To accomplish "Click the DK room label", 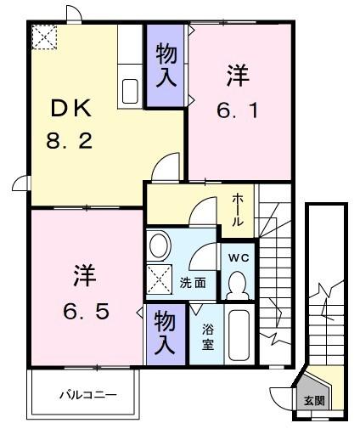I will click(x=71, y=109).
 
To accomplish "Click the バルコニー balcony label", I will click(x=88, y=394).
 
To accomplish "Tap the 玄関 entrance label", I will click(x=314, y=400).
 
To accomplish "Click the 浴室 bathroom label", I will click(x=208, y=336).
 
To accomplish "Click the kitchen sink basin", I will click(x=131, y=92).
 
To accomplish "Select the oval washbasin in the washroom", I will click(x=159, y=247).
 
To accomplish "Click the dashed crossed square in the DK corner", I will click(x=42, y=37).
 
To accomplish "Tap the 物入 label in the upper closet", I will click(x=166, y=65).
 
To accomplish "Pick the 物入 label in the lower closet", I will click(x=164, y=334).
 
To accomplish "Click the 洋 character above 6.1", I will click(x=236, y=76).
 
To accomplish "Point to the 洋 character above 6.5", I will click(x=83, y=276).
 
